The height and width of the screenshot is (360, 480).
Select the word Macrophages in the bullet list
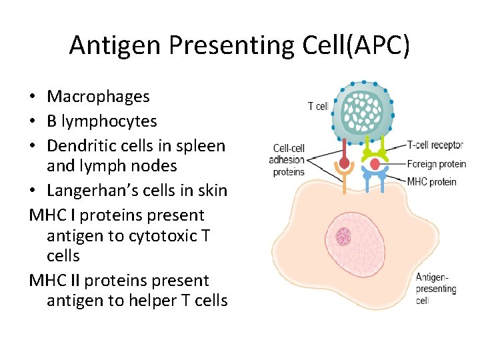coord(98,97)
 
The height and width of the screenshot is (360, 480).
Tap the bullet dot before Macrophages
coord(33,97)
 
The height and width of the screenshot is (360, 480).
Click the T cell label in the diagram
coord(318,106)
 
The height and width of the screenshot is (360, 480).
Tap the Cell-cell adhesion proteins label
coord(287,160)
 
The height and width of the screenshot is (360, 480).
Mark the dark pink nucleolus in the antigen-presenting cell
coord(343,236)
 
